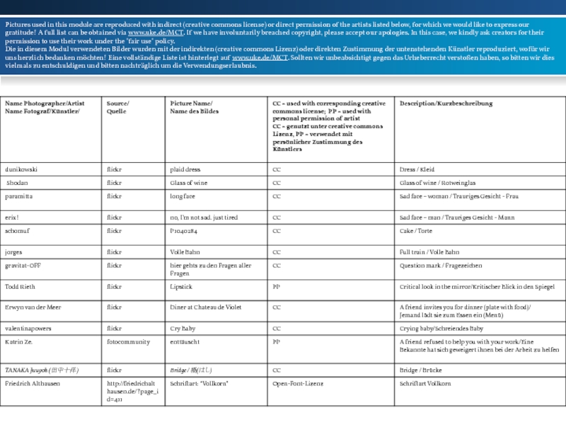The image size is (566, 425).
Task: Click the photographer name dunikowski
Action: (x=21, y=170)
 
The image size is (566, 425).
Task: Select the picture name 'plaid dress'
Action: (x=185, y=170)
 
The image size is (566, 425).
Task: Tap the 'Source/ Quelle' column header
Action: (x=118, y=108)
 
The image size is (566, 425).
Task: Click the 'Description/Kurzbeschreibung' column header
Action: (x=446, y=103)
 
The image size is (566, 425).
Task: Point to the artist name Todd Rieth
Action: (x=20, y=287)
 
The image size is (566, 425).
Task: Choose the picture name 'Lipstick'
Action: (x=181, y=287)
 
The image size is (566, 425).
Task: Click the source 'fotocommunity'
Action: (x=128, y=341)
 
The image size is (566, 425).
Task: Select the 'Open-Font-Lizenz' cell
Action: (x=299, y=383)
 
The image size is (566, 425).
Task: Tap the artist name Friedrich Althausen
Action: (x=33, y=383)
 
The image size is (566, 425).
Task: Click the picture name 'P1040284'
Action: (x=183, y=231)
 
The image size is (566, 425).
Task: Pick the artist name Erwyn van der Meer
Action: (x=33, y=307)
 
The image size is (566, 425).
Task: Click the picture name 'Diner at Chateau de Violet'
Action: (x=206, y=307)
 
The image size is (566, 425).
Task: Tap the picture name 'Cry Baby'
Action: (x=183, y=329)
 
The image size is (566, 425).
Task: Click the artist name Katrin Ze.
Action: (x=18, y=341)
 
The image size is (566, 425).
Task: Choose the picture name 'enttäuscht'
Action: (x=186, y=341)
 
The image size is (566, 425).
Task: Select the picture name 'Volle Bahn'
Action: (x=185, y=251)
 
